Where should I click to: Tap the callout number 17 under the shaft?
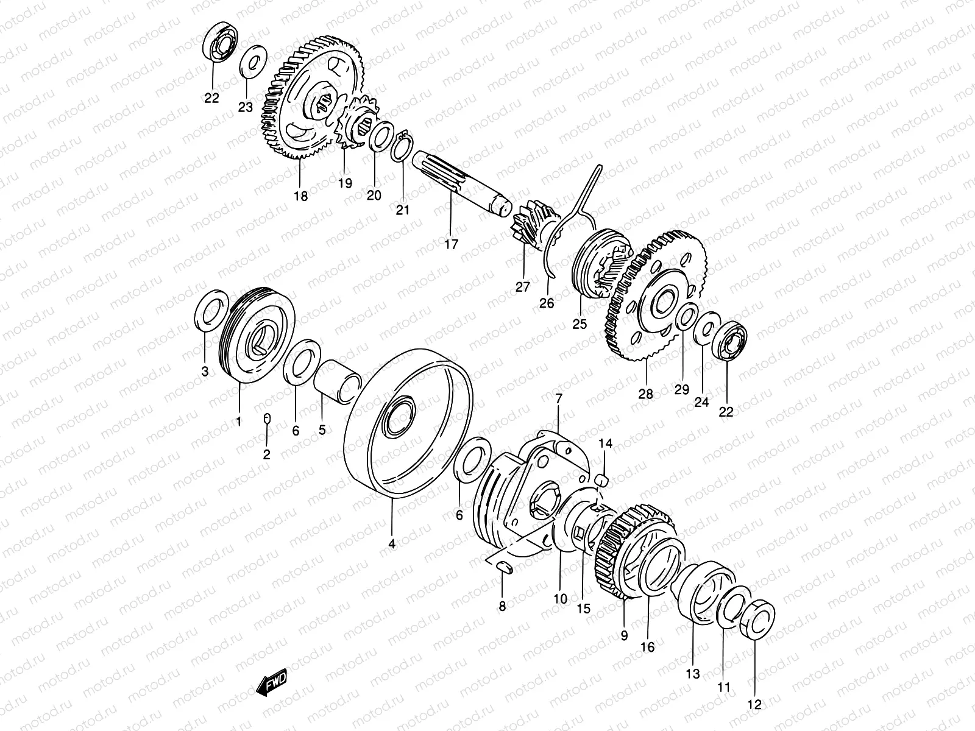451,244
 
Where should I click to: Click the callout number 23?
245,107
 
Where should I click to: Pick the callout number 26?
547,302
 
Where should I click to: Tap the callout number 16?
647,646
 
